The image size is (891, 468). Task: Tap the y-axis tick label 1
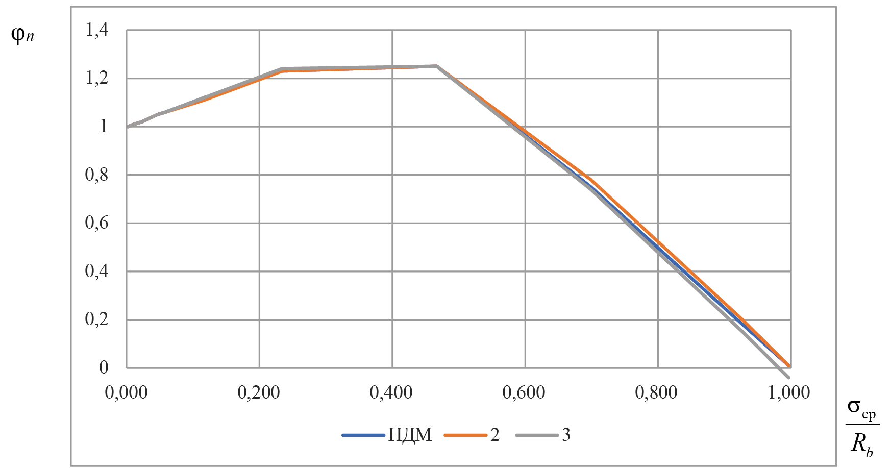(x=104, y=126)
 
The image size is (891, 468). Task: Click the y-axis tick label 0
(x=104, y=367)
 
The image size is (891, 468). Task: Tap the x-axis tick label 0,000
(x=126, y=392)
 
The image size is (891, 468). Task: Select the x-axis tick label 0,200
(x=259, y=392)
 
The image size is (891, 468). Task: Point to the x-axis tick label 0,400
(x=391, y=392)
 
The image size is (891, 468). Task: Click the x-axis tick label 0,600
(x=524, y=392)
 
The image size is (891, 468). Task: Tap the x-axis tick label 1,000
(x=789, y=392)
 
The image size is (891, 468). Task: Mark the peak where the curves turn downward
(x=436, y=66)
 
